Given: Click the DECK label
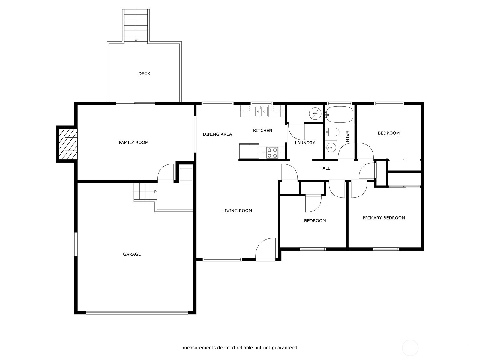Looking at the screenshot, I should point(144,73).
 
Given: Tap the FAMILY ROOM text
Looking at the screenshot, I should point(133,142).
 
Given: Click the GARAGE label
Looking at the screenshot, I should point(132,254).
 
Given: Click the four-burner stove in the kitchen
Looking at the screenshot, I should point(272,153).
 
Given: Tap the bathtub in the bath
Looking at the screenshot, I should point(340,114).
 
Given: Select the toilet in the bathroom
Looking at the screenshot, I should point(332,132).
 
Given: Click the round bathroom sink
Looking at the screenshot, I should point(331,147).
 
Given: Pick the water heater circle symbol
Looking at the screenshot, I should point(315,113).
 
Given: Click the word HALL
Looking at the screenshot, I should point(325,168).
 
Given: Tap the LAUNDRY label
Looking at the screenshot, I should point(305,143).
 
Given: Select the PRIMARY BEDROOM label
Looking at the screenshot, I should point(384,218).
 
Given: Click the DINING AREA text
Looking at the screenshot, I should point(217,134).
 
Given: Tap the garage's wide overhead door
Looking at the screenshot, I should point(137,313).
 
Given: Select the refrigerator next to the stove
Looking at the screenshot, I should point(249,151).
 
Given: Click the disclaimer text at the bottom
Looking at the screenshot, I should point(240,348).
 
